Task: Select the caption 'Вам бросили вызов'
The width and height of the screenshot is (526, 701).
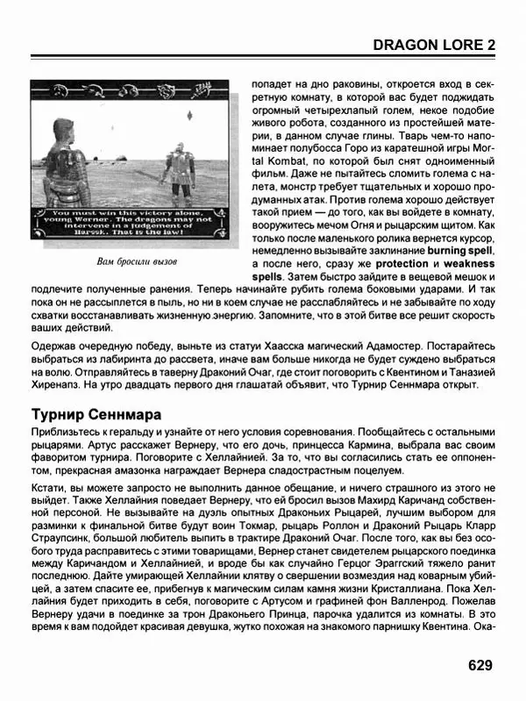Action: coord(136,262)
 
